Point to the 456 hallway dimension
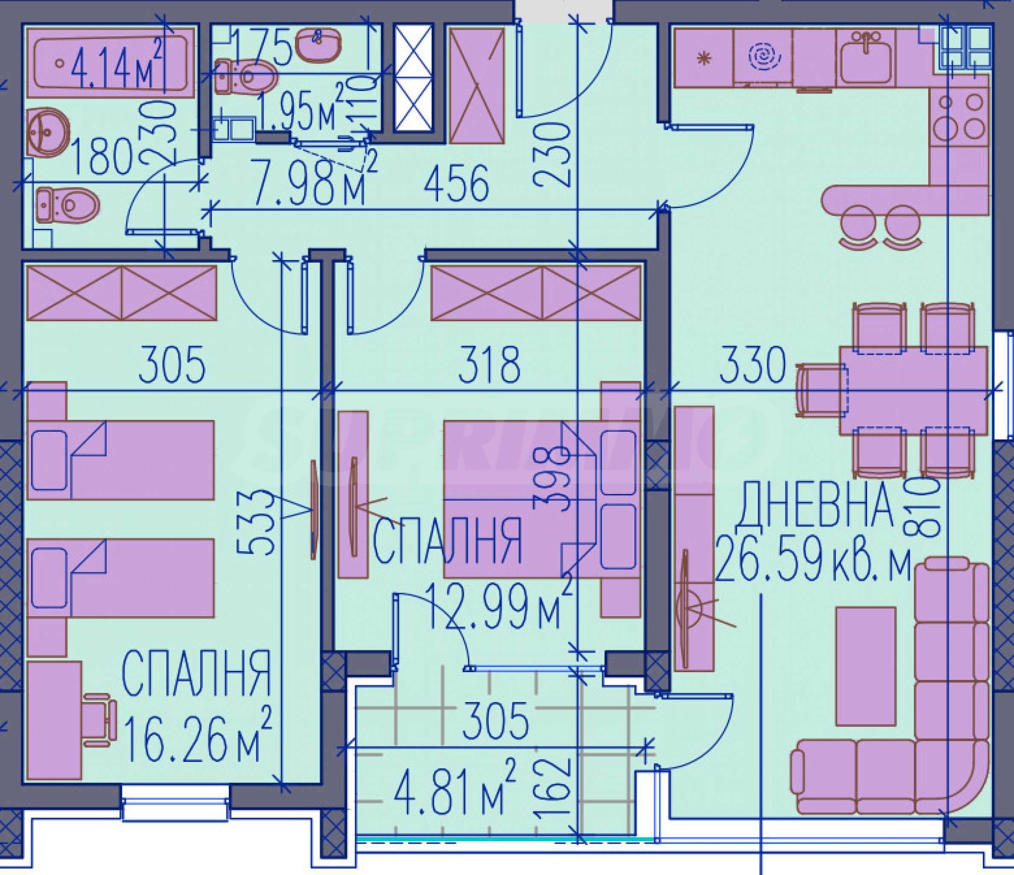pyautogui.click(x=456, y=184)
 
